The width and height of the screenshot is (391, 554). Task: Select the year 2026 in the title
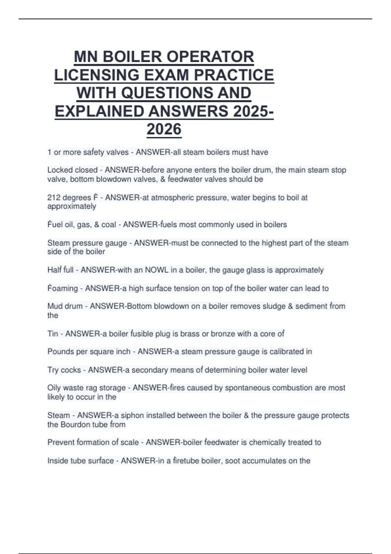click(164, 129)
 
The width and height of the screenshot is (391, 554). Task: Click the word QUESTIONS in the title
click(169, 93)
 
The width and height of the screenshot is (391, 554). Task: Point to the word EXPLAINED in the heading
click(99, 111)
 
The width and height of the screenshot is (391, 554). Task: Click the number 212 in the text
click(53, 198)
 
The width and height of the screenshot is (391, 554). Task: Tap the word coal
click(109, 225)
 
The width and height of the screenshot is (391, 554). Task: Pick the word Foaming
click(63, 288)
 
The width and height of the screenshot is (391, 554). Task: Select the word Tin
click(52, 334)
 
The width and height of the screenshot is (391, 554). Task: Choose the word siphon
click(132, 415)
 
